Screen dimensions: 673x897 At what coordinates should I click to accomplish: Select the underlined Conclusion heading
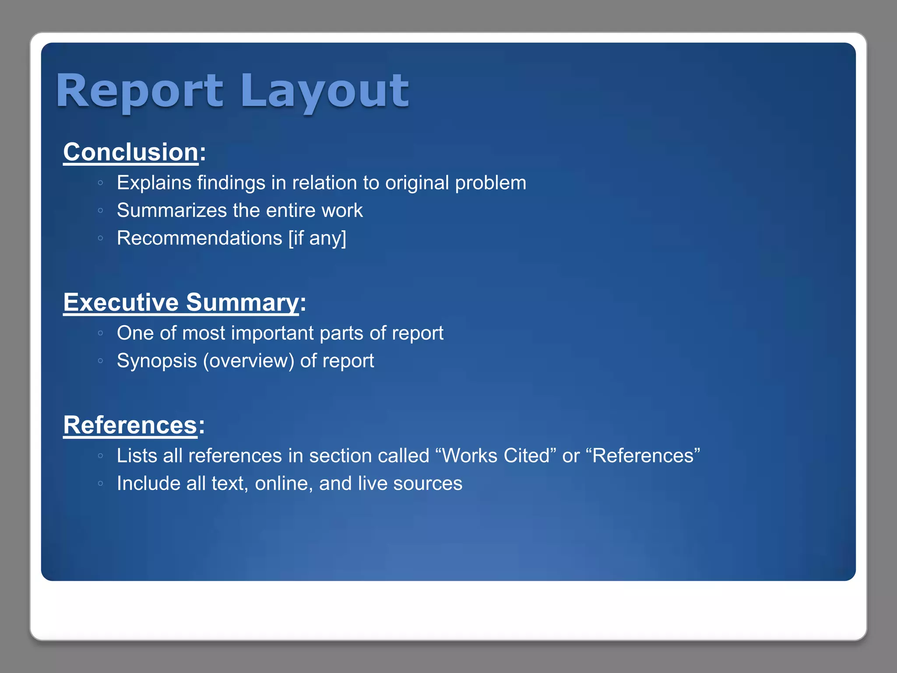click(x=131, y=152)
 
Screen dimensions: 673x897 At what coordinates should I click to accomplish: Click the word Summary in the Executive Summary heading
click(x=242, y=302)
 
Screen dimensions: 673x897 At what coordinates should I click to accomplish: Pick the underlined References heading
click(x=130, y=425)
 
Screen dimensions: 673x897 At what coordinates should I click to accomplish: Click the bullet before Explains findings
click(x=101, y=183)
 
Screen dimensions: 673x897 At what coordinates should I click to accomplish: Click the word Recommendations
click(x=199, y=238)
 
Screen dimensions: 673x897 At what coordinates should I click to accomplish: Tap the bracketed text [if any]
click(x=317, y=238)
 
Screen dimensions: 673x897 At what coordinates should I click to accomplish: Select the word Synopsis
click(x=157, y=361)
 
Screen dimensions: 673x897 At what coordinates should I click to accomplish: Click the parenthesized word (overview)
click(x=248, y=361)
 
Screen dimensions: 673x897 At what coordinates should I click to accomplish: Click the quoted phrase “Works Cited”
click(x=496, y=456)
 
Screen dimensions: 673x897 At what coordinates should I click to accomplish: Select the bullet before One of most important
click(x=101, y=333)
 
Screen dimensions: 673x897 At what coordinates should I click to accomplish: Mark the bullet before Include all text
click(x=101, y=484)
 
